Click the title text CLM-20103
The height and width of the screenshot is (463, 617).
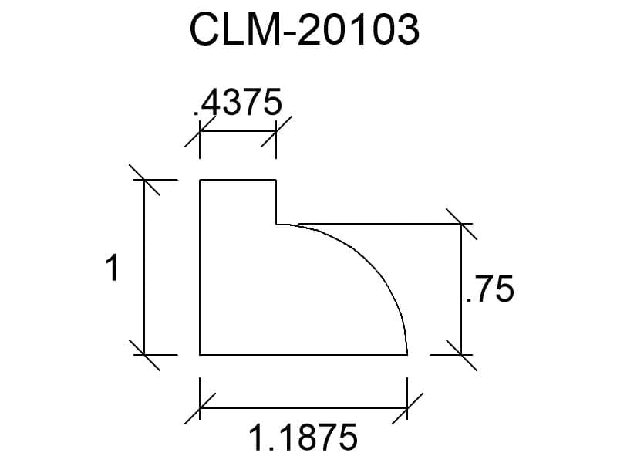[305, 29]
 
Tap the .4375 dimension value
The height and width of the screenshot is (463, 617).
[238, 102]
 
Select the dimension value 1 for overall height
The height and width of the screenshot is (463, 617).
[113, 268]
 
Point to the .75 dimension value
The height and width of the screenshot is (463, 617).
[490, 289]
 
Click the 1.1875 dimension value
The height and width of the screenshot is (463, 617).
[303, 437]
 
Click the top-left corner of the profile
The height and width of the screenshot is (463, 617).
[200, 180]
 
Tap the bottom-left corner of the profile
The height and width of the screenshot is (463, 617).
[200, 355]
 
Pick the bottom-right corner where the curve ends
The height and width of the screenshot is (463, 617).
[407, 355]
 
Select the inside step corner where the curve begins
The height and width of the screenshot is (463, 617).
[276, 224]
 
